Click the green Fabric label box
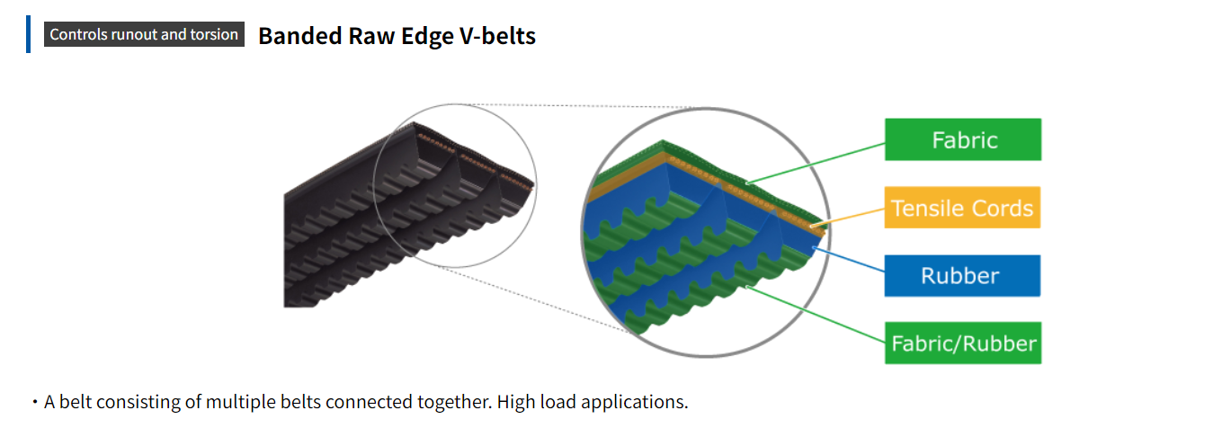[962, 140]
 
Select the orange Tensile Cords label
[962, 208]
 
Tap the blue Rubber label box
[962, 275]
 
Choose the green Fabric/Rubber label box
[962, 343]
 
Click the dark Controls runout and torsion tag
[144, 34]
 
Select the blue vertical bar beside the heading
[28, 34]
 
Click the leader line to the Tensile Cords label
[850, 214]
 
